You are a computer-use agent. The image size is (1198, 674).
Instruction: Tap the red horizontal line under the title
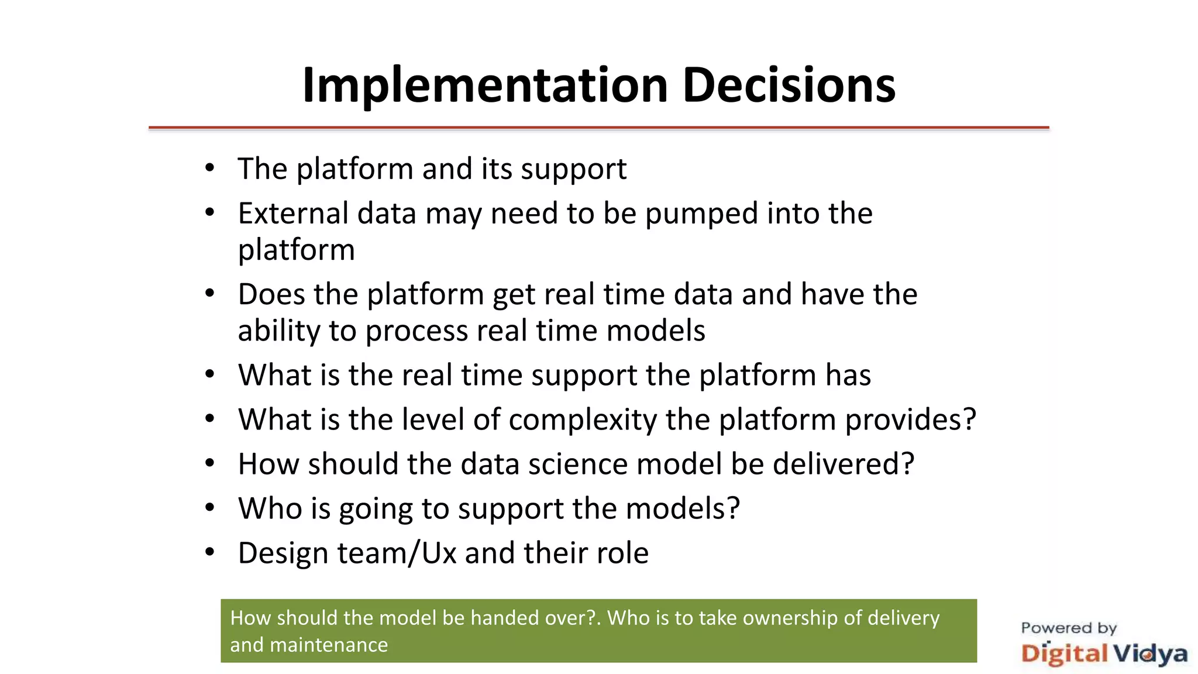pos(598,127)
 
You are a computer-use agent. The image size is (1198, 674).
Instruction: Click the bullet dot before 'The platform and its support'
pos(210,168)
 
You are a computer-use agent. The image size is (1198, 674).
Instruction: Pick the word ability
pos(278,331)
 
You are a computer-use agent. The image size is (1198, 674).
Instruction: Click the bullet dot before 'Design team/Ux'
pos(210,552)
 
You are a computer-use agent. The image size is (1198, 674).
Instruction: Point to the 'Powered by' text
pos(1068,628)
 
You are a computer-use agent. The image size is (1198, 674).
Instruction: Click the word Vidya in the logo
pos(1149,654)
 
